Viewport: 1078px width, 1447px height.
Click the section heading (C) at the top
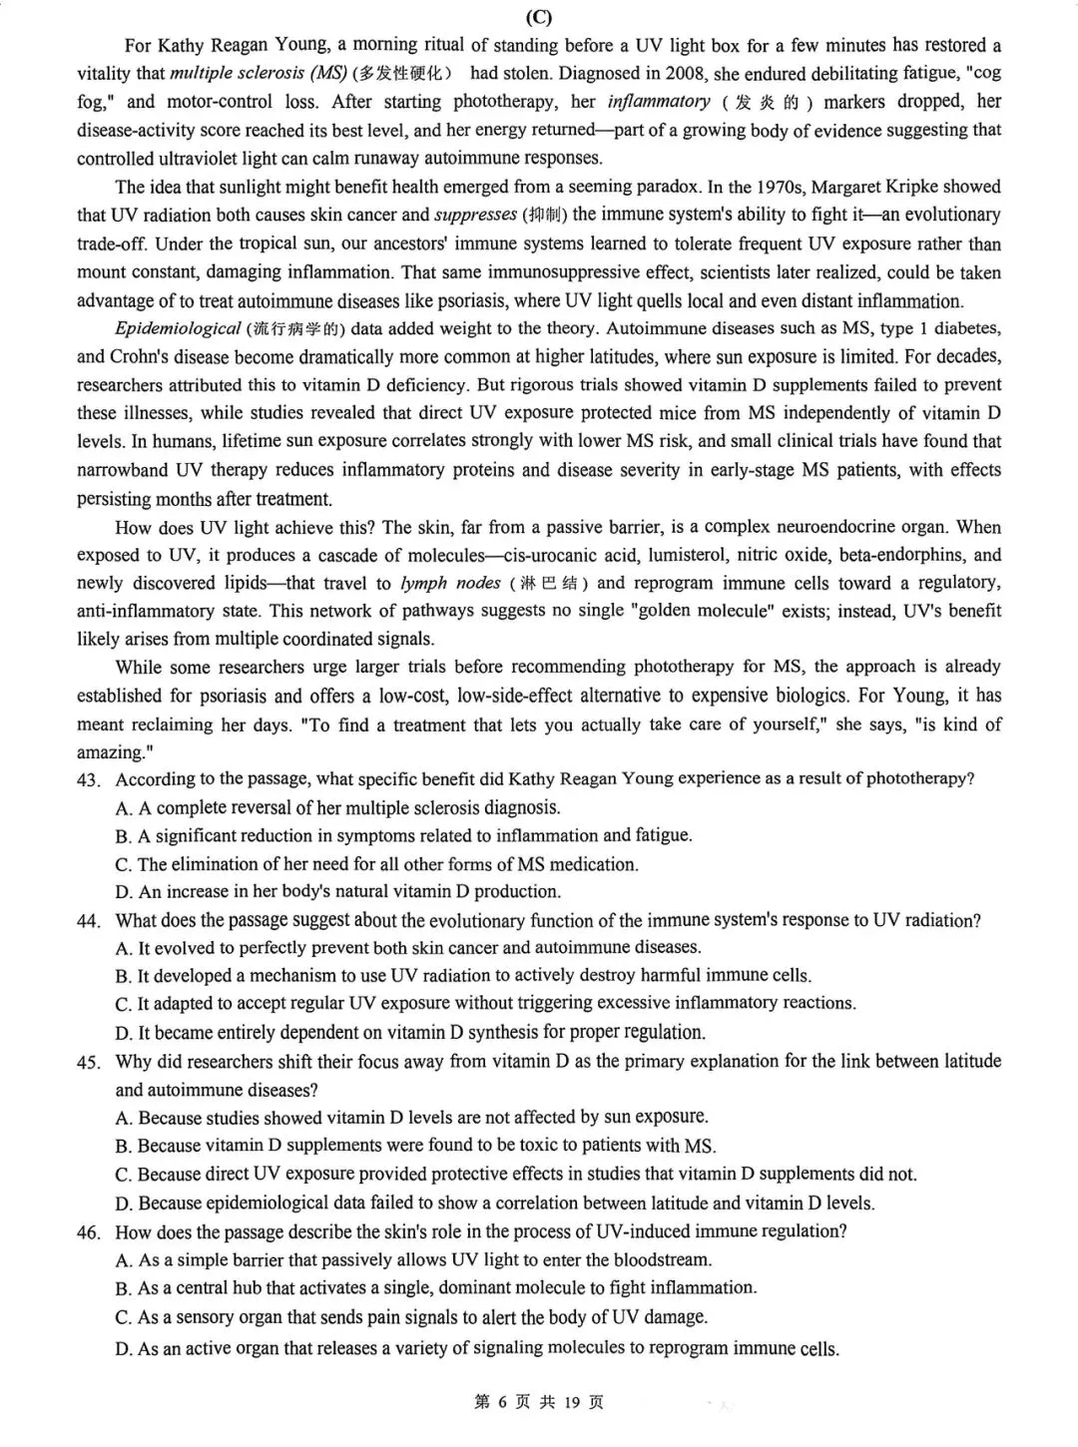[x=538, y=17]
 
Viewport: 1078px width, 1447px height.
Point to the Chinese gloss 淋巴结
[x=549, y=584]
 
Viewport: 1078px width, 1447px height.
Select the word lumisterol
[x=694, y=555]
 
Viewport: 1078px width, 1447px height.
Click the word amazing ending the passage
[x=108, y=752]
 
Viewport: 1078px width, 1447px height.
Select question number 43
[x=88, y=780]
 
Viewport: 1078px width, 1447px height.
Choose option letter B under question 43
[x=123, y=836]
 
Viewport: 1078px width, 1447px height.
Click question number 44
[x=88, y=921]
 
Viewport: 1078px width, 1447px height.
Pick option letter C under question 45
[x=123, y=1175]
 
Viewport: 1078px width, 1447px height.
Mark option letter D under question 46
[x=123, y=1349]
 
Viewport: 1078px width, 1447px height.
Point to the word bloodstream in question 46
[x=662, y=1260]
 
